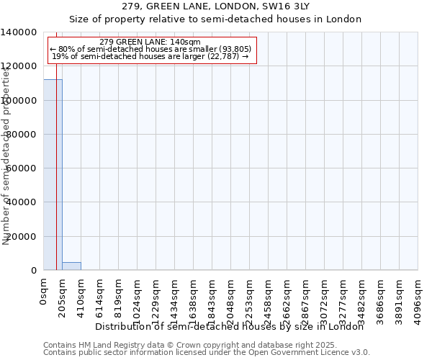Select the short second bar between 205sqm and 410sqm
click(71, 266)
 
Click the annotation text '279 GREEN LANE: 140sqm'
click(150, 42)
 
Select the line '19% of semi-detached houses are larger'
click(150, 56)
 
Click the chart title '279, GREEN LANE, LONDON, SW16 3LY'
click(216, 6)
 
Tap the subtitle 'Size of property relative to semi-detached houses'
click(216, 19)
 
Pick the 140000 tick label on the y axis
click(19, 32)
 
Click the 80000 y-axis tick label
click(22, 135)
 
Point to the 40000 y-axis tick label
click(22, 202)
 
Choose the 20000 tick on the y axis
click(22, 236)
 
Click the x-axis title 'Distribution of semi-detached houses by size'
click(230, 326)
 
